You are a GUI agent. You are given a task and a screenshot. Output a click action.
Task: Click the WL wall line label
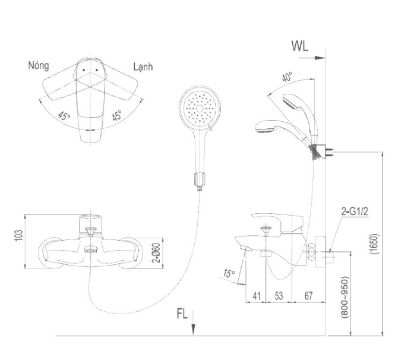300,46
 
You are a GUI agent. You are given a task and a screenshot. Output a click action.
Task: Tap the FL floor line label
182,314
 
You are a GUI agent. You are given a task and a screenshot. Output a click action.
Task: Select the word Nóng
39,65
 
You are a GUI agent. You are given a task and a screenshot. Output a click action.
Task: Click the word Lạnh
143,67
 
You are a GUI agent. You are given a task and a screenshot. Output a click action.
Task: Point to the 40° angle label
287,77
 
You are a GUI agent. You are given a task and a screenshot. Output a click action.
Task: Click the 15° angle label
229,273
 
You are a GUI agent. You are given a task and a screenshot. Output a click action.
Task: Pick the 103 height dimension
19,235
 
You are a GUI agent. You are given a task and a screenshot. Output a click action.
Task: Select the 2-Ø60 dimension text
156,252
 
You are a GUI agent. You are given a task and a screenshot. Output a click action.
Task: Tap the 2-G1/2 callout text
355,211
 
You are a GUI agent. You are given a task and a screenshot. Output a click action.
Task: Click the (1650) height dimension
375,244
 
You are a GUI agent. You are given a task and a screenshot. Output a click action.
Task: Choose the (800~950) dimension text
345,297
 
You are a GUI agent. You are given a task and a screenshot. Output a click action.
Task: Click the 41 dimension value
256,296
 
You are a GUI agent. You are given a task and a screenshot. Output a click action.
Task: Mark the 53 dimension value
279,296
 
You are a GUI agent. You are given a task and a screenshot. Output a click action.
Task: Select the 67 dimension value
308,296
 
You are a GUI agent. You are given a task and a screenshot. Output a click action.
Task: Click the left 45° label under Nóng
64,116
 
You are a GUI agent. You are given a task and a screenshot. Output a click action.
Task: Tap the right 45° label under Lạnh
117,115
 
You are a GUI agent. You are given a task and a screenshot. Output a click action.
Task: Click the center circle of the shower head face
200,109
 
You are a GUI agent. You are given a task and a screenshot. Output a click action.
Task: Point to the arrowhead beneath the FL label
193,330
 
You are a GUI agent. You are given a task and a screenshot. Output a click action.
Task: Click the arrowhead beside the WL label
320,58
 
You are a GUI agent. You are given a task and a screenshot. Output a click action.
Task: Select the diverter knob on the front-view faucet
91,231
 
